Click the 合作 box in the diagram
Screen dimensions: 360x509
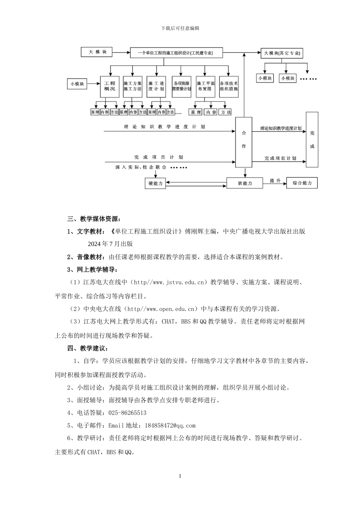244,142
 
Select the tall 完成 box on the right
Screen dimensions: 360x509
312,139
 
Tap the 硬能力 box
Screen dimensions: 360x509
155,183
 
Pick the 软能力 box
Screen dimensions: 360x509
244,183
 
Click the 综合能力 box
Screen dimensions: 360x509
302,183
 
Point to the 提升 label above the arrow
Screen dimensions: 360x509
275,181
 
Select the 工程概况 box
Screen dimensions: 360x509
110,86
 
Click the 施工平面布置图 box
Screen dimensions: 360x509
206,86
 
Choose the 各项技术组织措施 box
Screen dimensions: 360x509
229,86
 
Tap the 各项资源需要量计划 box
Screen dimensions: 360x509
181,86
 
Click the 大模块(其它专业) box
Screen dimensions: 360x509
282,53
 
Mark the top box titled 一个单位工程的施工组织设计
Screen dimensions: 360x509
176,53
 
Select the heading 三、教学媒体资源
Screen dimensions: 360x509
94,219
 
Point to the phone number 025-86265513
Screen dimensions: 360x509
128,413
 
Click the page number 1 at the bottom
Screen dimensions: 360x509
180,476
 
